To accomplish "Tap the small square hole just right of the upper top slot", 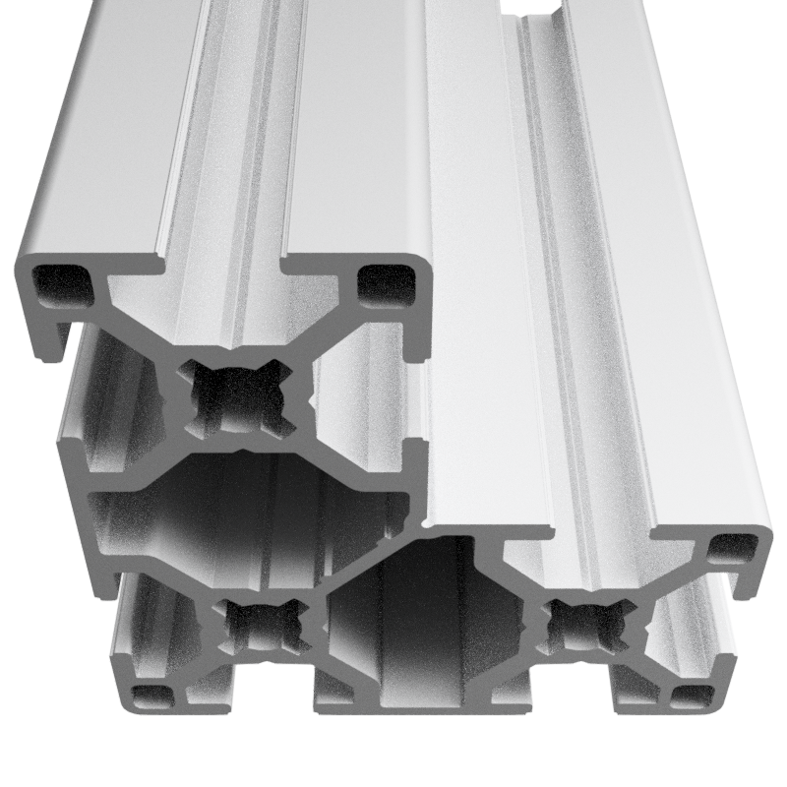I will tap(386, 282).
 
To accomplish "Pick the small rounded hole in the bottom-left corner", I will tap(151, 697).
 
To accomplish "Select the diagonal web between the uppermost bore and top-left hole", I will tap(138, 325).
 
